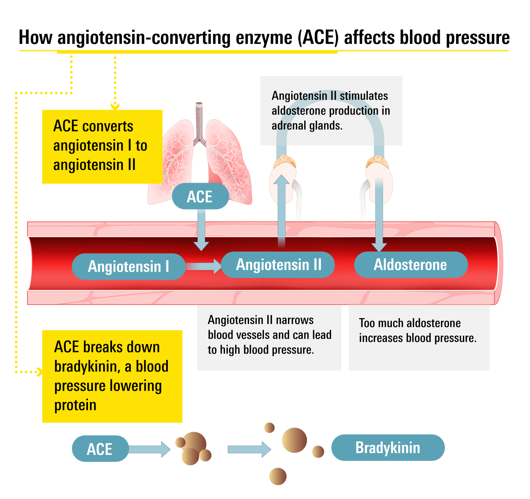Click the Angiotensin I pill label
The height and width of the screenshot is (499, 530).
click(x=128, y=266)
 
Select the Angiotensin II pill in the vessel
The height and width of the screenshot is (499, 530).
click(x=278, y=265)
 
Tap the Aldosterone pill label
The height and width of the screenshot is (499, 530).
click(x=411, y=265)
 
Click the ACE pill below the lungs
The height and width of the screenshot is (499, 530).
click(x=200, y=196)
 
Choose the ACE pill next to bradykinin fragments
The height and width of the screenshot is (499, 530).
click(x=100, y=449)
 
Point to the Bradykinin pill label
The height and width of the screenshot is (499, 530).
click(x=388, y=448)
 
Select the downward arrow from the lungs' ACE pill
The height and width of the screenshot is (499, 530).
click(x=201, y=230)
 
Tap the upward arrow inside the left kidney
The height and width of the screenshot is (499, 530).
click(x=281, y=209)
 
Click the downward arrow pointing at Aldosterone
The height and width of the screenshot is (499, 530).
click(x=379, y=219)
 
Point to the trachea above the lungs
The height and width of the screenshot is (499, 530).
click(x=199, y=120)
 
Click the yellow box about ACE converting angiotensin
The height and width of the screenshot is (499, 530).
click(x=102, y=147)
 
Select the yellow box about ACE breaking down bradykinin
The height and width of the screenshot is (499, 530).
click(x=112, y=376)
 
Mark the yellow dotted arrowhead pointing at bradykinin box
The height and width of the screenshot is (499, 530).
click(x=39, y=372)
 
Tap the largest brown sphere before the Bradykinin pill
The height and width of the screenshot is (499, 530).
click(x=294, y=440)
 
